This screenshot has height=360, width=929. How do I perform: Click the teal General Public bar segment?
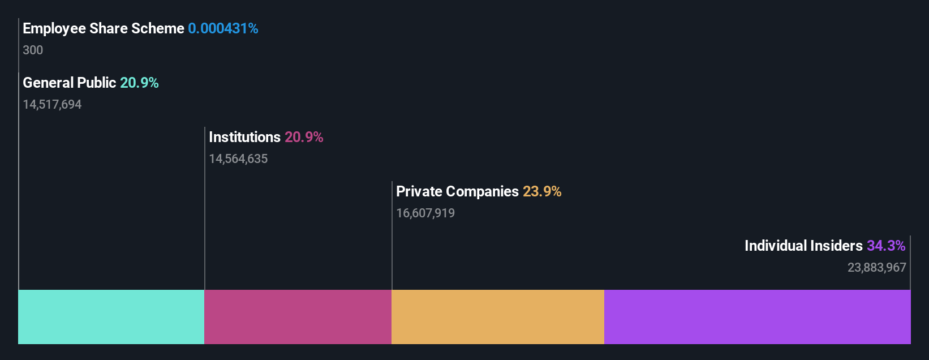[x=111, y=317]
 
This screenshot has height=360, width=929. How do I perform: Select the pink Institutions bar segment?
[x=298, y=317]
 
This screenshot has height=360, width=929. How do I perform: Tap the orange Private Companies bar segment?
[x=497, y=317]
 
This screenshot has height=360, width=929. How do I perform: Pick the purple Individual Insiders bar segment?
[x=757, y=317]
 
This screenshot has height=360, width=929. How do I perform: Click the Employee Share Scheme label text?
[x=104, y=28]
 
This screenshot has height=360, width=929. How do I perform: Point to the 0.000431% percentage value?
[x=223, y=28]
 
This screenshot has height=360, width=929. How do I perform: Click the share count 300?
[x=33, y=50]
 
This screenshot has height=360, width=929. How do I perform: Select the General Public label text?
[x=69, y=83]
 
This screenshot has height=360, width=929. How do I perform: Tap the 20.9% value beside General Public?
[x=139, y=83]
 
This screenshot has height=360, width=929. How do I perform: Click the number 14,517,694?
[x=52, y=104]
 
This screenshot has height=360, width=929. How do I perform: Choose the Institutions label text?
[x=244, y=137]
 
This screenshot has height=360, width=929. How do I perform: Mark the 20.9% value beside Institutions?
[x=304, y=137]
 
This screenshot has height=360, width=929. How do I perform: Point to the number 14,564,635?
[x=238, y=158]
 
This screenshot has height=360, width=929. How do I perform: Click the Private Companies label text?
[x=457, y=191]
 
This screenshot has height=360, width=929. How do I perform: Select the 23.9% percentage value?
[x=542, y=191]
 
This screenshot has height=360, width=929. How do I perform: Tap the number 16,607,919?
[x=425, y=213]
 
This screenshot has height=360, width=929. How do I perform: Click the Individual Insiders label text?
[x=803, y=246]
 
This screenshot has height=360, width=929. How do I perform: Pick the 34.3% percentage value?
[x=886, y=246]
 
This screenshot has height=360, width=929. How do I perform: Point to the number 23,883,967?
[x=876, y=267]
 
